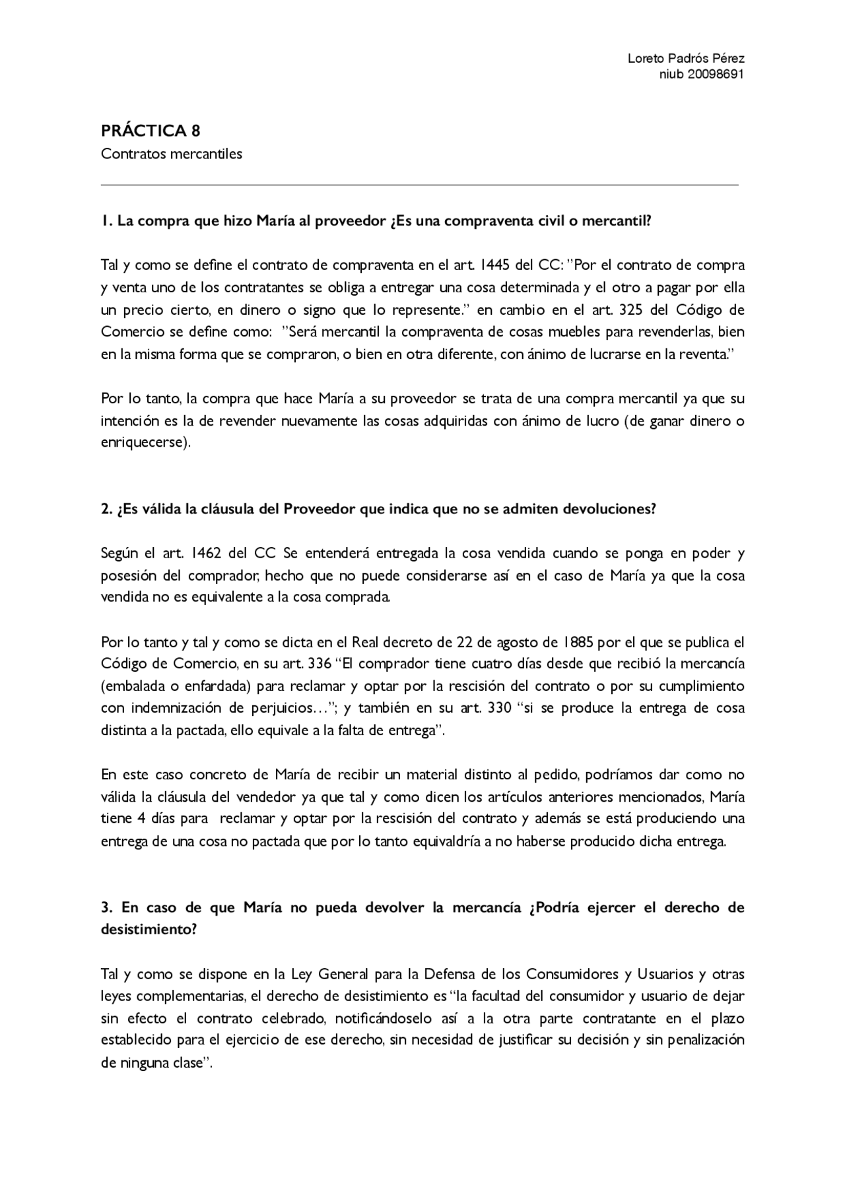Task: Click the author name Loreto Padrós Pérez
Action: (x=686, y=58)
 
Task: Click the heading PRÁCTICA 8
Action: (x=151, y=131)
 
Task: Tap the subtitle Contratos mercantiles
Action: (x=172, y=154)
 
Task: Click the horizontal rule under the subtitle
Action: (x=420, y=185)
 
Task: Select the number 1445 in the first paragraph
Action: (x=493, y=265)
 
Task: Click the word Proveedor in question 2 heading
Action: (x=320, y=509)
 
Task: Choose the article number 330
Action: (x=498, y=709)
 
